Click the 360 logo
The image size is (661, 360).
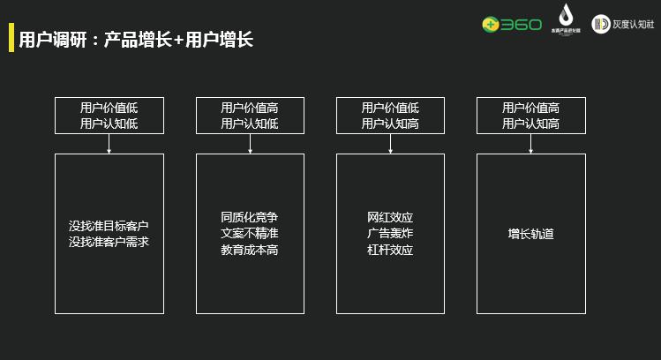click(511, 24)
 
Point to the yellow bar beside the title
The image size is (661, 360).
click(11, 39)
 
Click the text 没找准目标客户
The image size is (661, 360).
click(109, 226)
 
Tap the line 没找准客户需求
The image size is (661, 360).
click(109, 241)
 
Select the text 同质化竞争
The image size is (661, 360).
click(250, 217)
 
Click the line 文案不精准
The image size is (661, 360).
click(250, 234)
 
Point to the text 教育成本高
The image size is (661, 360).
click(250, 250)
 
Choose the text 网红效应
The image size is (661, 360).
click(390, 217)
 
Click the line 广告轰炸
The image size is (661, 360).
click(390, 234)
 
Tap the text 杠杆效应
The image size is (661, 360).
click(390, 250)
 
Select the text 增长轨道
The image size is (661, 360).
click(530, 234)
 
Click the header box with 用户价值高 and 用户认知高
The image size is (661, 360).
click(530, 116)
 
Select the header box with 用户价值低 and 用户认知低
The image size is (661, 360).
click(109, 116)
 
